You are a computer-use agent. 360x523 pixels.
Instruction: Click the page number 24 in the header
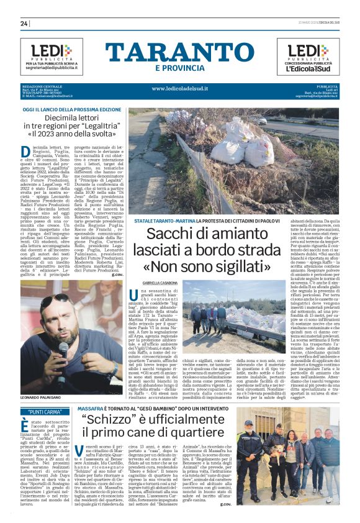(24, 24)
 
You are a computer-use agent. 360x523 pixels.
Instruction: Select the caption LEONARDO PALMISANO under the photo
(42, 396)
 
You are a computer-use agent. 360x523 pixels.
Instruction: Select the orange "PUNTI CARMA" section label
(45, 411)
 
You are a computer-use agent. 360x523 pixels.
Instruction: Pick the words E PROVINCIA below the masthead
(180, 68)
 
